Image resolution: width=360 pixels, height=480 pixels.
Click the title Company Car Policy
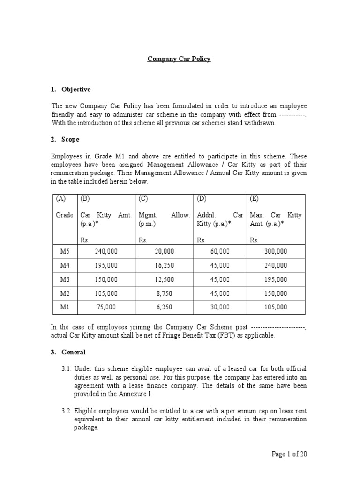[x=179, y=59]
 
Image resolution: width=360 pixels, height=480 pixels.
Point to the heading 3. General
[x=68, y=352]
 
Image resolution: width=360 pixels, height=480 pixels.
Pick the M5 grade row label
[x=65, y=251]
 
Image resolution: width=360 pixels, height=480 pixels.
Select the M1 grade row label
[x=65, y=307]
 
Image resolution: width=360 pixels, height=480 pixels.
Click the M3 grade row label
[x=65, y=279]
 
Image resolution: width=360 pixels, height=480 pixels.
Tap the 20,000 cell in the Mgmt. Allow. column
[x=164, y=251]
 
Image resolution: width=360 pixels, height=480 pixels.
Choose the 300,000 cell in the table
[x=276, y=251]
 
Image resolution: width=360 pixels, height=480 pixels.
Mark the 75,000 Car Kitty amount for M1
[x=106, y=307]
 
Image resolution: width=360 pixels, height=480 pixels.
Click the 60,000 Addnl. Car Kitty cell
[x=220, y=251]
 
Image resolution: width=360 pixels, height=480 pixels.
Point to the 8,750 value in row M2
[x=164, y=293]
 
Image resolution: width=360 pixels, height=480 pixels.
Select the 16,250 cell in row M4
[x=164, y=265]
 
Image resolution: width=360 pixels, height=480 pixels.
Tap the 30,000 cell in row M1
[x=220, y=307]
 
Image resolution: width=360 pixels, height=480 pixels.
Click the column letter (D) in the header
[x=202, y=198]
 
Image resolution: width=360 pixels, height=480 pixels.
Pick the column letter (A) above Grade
[x=61, y=198]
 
